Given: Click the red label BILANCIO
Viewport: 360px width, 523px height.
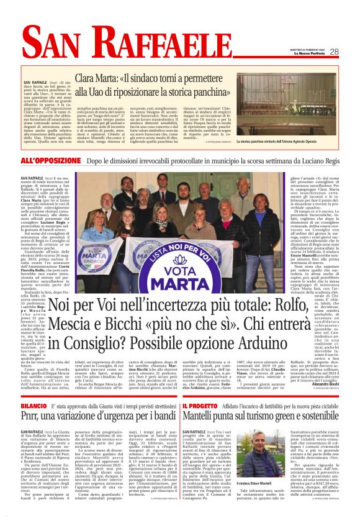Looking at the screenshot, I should [x=34, y=388].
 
